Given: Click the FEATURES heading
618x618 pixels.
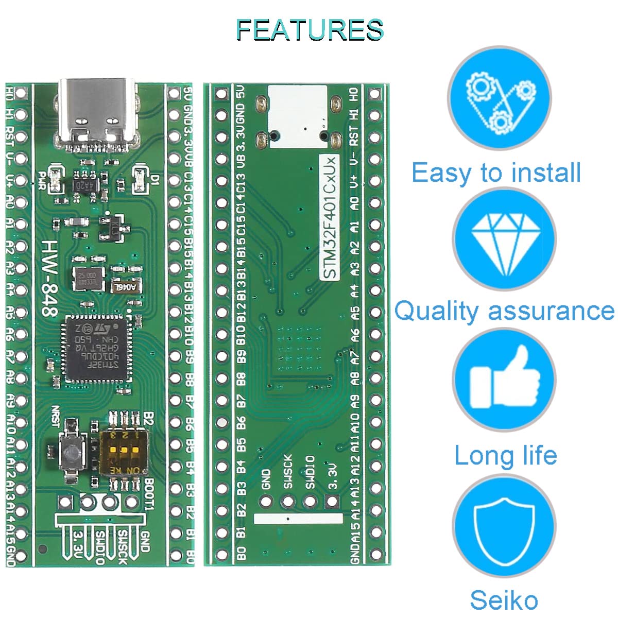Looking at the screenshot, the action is click(x=310, y=30).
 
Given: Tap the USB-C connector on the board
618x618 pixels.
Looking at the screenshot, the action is click(x=98, y=111).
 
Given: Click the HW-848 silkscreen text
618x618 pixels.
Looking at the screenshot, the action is click(x=50, y=278).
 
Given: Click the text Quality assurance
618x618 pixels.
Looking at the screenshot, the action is click(x=504, y=312).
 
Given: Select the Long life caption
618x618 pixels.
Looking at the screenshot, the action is click(x=505, y=455).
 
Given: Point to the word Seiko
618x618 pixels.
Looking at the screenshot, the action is click(x=504, y=600).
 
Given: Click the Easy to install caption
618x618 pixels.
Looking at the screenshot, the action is click(x=496, y=173).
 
